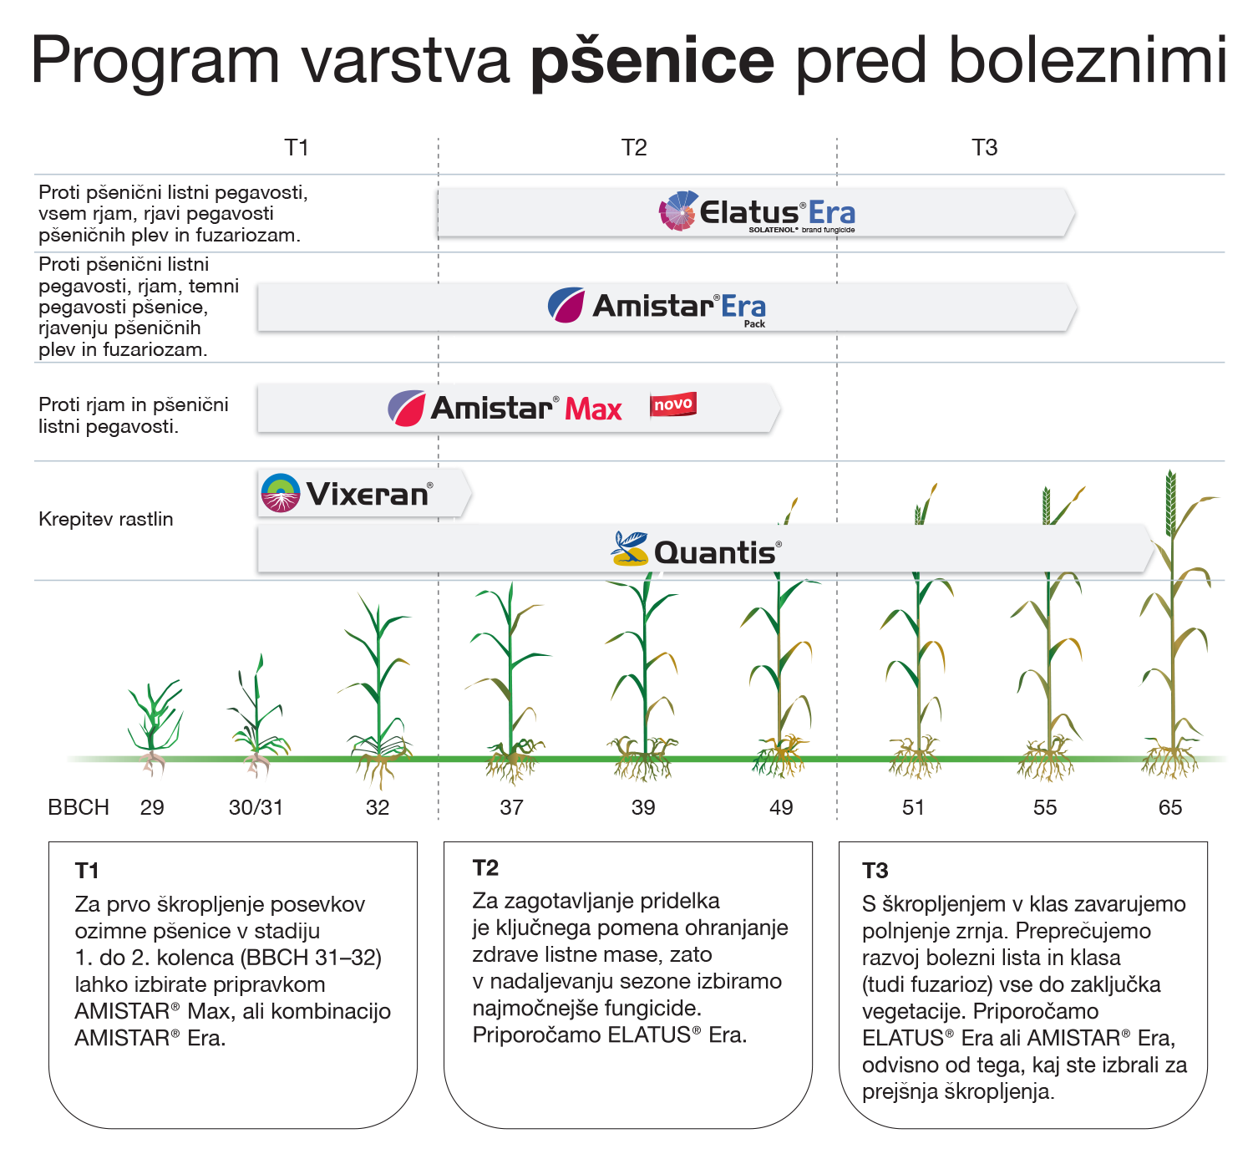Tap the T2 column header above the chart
pyautogui.click(x=634, y=148)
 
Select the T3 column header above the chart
pyautogui.click(x=984, y=148)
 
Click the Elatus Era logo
pyautogui.click(x=757, y=212)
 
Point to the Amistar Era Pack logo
pyautogui.click(x=657, y=307)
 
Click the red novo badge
pyautogui.click(x=673, y=404)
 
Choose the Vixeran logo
pyautogui.click(x=347, y=493)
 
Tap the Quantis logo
pyautogui.click(x=696, y=550)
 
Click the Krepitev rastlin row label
pyautogui.click(x=105, y=520)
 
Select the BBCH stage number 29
pyautogui.click(x=152, y=807)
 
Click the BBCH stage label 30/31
pyautogui.click(x=256, y=807)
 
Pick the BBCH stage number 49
pyautogui.click(x=781, y=807)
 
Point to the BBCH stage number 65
pyautogui.click(x=1170, y=807)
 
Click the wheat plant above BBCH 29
pyautogui.click(x=154, y=726)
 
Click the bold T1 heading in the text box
pyautogui.click(x=86, y=872)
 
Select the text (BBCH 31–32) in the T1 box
pyautogui.click(x=311, y=958)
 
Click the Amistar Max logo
pyautogui.click(x=505, y=408)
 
